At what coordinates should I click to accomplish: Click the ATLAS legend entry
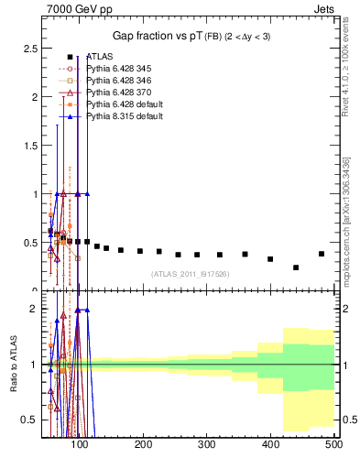[x=98, y=57]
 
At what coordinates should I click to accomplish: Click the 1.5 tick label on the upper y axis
[x=29, y=145]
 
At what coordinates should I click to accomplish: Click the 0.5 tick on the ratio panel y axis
[x=29, y=420]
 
